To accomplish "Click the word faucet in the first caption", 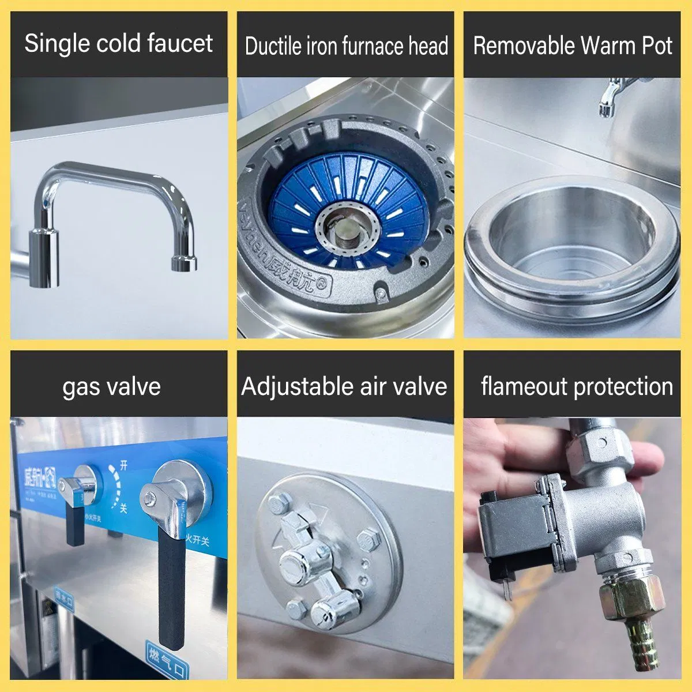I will point(179,44).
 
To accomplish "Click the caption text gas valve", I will point(111,386).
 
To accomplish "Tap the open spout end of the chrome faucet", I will point(184,266).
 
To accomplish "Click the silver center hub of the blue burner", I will point(345,229).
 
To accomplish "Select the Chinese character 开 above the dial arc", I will point(123,464).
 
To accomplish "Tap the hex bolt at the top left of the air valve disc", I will point(279,504).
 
